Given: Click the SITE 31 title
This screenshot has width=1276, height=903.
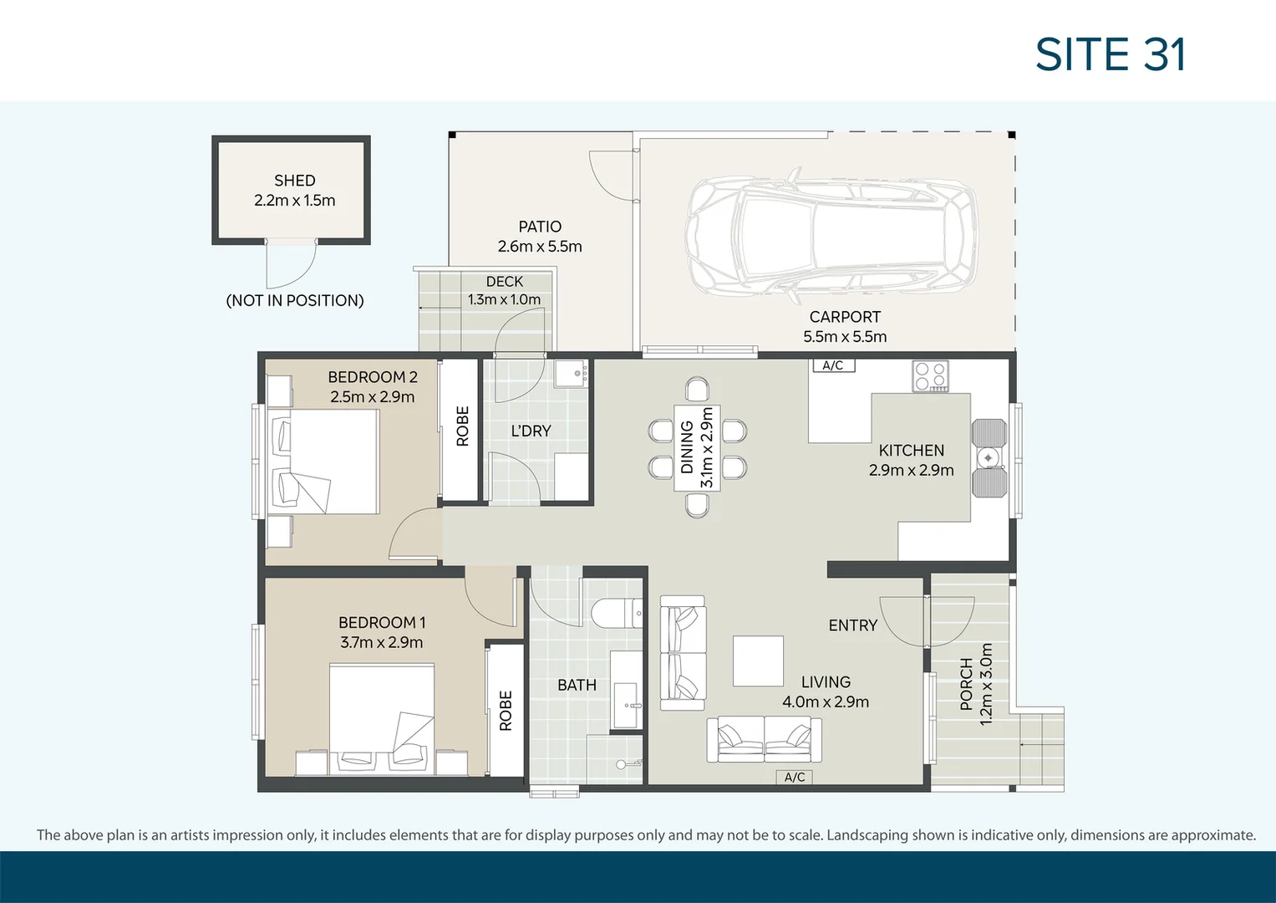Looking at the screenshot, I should point(1110,55).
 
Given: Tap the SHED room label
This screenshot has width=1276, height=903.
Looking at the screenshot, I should point(294,181).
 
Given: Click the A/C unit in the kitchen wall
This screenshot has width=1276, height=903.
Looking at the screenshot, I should point(832,365).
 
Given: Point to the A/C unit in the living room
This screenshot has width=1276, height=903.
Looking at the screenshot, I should point(794,778).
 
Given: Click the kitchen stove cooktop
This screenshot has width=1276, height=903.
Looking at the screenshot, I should point(930,376).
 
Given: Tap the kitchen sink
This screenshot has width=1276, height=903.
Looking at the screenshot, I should point(989,457).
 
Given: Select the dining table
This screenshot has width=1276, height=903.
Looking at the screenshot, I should point(696,448).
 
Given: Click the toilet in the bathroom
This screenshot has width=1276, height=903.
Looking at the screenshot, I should point(616,615).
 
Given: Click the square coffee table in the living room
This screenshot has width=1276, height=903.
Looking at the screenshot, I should point(758,661).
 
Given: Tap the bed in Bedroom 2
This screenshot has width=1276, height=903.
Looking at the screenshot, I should point(324,461).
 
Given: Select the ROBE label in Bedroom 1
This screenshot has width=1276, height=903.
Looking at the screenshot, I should point(506,711).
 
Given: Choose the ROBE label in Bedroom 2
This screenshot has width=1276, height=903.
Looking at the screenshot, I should point(462,426).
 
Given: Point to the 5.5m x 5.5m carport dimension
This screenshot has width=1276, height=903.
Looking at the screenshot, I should point(845,337).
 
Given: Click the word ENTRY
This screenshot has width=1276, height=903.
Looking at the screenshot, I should point(852,625).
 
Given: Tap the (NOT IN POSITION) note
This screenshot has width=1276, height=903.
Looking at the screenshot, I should point(295,301).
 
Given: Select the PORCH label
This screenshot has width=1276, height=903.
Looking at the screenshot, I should point(966,684).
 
